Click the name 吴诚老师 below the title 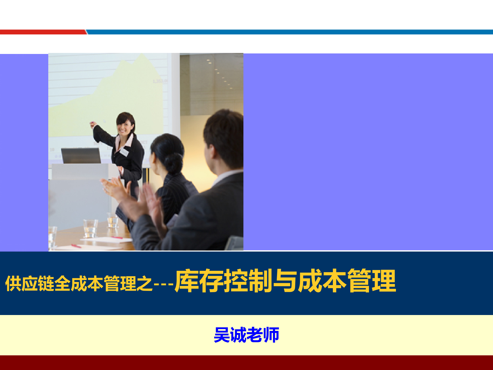pos(246,335)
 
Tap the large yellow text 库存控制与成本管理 pos(285,281)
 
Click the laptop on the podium pos(81,155)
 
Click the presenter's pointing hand pos(93,125)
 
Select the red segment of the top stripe pos(42,32)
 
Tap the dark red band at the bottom pos(246,363)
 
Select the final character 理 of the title pos(384,281)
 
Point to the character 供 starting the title pos(13,284)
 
